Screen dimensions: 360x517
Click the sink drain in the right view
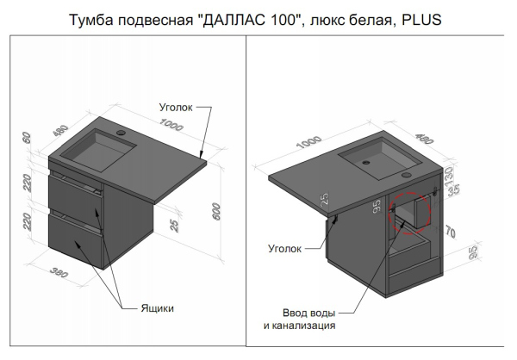368,160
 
